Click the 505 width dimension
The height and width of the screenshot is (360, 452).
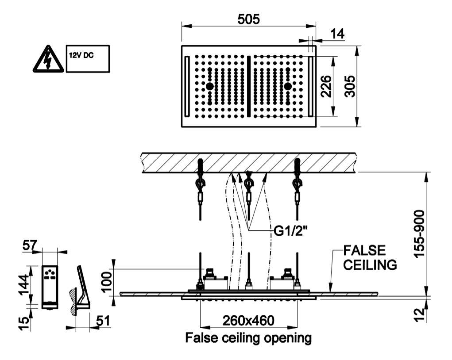pos(248,19)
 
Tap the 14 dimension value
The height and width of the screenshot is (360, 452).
pos(337,34)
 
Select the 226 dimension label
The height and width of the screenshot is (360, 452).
pos(326,86)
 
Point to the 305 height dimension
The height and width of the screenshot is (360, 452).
pos(350,86)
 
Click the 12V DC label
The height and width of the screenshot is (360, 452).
pos(81,56)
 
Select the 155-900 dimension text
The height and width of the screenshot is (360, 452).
pos(419,234)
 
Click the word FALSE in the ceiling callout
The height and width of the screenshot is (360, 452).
pos(364,250)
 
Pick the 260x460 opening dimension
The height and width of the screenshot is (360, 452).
pos(248,320)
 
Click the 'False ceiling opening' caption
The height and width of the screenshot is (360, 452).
pos(248,337)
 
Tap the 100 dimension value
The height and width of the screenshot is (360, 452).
pos(107,282)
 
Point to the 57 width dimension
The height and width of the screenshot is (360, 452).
pos(30,245)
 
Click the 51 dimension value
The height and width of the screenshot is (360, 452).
pos(103,321)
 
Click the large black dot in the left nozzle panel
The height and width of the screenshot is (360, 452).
pos(210,86)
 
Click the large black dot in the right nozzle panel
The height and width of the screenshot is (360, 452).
pos(288,86)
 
